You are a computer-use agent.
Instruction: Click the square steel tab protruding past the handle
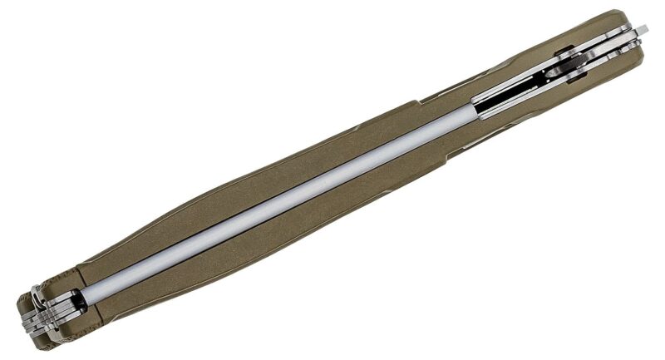click(x=641, y=31)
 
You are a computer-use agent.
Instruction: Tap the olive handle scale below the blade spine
click(x=274, y=241)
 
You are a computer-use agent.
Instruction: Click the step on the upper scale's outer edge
click(x=424, y=100)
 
